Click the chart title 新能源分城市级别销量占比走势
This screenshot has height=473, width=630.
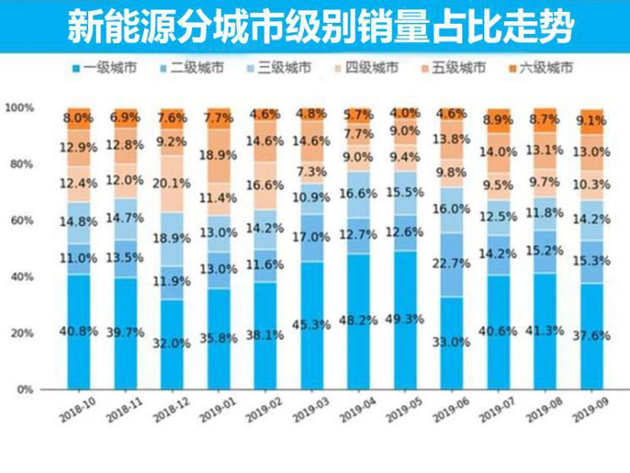[315, 26]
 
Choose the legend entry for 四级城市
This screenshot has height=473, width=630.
[363, 67]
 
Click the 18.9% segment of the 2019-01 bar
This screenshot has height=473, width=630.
[219, 153]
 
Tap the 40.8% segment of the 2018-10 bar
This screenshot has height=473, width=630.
[79, 331]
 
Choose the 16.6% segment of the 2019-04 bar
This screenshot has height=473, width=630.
[358, 194]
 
